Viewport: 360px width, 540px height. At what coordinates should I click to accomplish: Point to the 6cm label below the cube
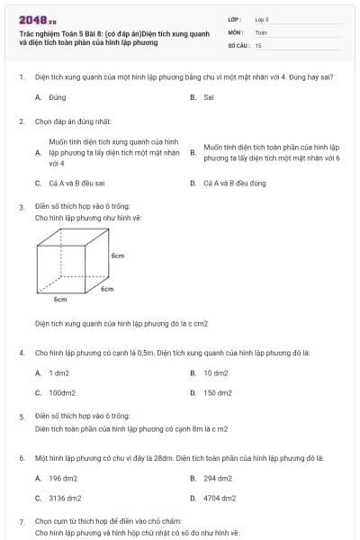[60, 298]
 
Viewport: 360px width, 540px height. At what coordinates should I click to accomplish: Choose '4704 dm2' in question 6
[219, 498]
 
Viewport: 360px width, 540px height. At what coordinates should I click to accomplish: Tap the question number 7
[22, 522]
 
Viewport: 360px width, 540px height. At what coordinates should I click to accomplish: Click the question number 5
[22, 417]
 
